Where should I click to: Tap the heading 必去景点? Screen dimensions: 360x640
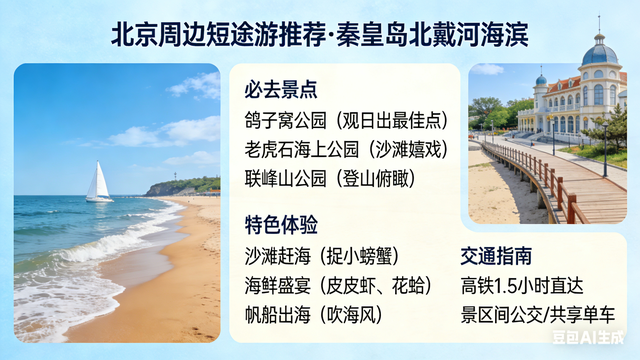coord(281,89)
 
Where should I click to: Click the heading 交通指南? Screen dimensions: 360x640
coord(496,255)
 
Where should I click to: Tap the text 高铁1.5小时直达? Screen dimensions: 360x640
coord(524,285)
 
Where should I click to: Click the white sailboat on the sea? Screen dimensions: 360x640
coord(98,183)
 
